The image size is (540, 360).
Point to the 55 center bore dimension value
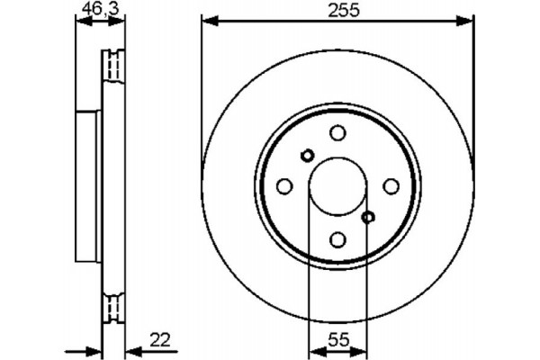[x=337, y=339]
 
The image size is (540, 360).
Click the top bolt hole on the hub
[x=337, y=133]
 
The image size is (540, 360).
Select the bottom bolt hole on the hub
[x=337, y=239]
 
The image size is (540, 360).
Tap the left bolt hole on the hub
[x=284, y=186]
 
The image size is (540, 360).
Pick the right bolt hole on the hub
[x=391, y=186]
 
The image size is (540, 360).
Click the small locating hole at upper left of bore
[x=307, y=155]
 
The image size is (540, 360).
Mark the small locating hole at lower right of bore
[x=368, y=217]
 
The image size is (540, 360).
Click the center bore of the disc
[x=337, y=186]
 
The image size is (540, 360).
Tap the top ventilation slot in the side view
[x=113, y=64]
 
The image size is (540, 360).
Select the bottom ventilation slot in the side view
[x=113, y=308]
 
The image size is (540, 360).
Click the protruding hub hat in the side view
[x=87, y=186]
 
